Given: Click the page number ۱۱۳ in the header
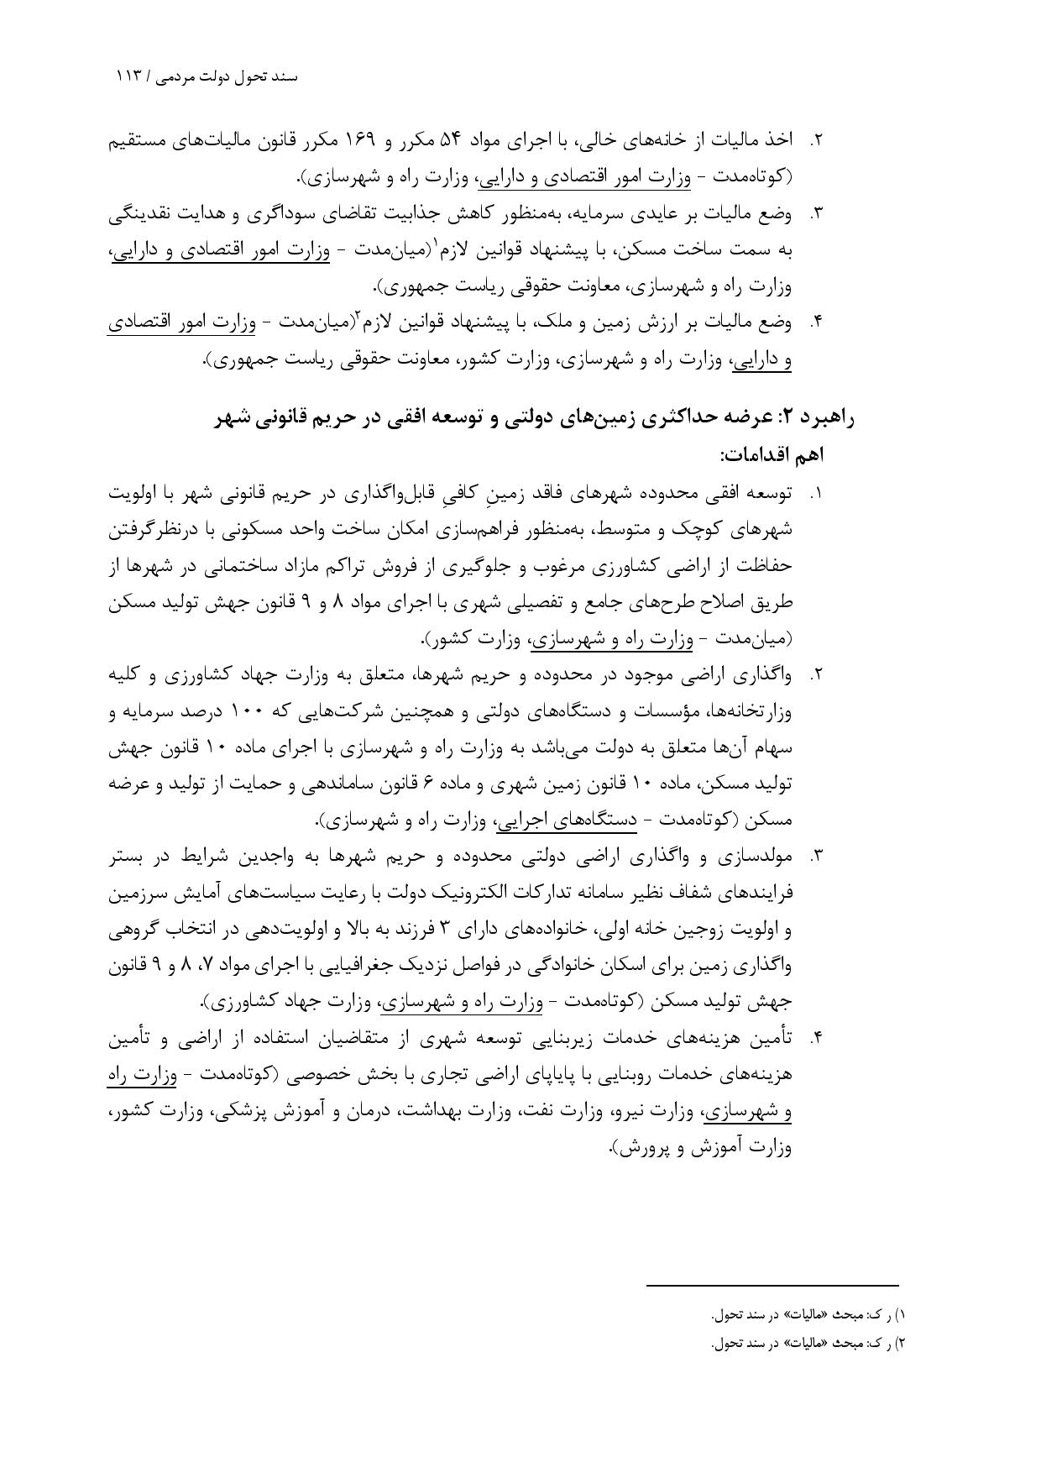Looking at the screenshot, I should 130,76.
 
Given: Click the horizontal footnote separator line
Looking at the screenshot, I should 772,1284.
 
